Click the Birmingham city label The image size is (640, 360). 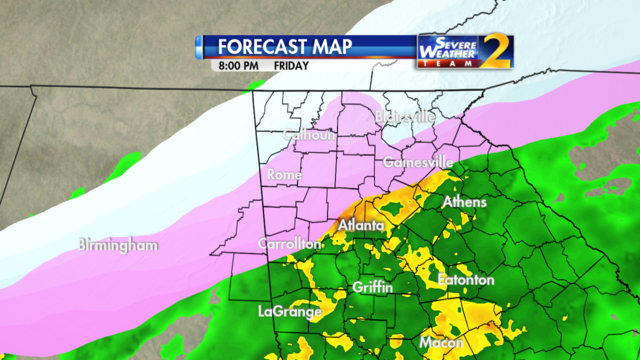(119, 244)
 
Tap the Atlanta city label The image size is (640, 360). (360, 227)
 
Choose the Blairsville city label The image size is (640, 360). (405, 117)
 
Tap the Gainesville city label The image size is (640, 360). (418, 162)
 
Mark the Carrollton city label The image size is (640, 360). (290, 244)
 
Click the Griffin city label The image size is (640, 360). (372, 288)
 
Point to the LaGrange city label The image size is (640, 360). (289, 312)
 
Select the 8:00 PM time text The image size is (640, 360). (234, 65)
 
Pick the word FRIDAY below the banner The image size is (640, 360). (291, 65)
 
